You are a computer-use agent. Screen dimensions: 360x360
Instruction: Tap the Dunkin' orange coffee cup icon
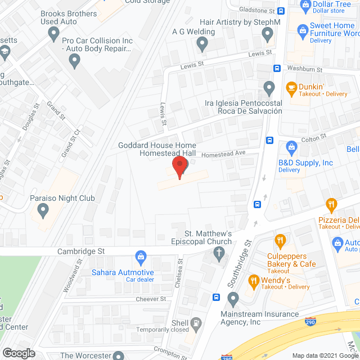pos(291,87)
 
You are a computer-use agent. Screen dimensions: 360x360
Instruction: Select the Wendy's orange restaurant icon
pos(253,280)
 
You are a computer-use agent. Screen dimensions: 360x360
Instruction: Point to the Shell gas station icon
pos(195,323)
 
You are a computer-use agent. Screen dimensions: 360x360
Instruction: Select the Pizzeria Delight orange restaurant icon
pos(331,205)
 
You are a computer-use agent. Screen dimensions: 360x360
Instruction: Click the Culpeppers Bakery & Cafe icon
pos(280,242)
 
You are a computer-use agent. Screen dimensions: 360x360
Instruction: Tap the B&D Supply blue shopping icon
pos(291,148)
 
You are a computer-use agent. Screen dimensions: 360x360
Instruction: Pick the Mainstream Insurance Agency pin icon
pos(233,298)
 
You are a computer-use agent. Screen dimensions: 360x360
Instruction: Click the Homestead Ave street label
pos(224,153)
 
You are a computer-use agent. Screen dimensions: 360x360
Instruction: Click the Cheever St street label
pos(150,299)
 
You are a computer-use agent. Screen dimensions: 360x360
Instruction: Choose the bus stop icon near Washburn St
pos(277,69)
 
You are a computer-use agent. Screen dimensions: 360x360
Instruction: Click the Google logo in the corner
pos(18,353)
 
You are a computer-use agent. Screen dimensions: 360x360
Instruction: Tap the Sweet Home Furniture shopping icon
pos(303,28)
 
